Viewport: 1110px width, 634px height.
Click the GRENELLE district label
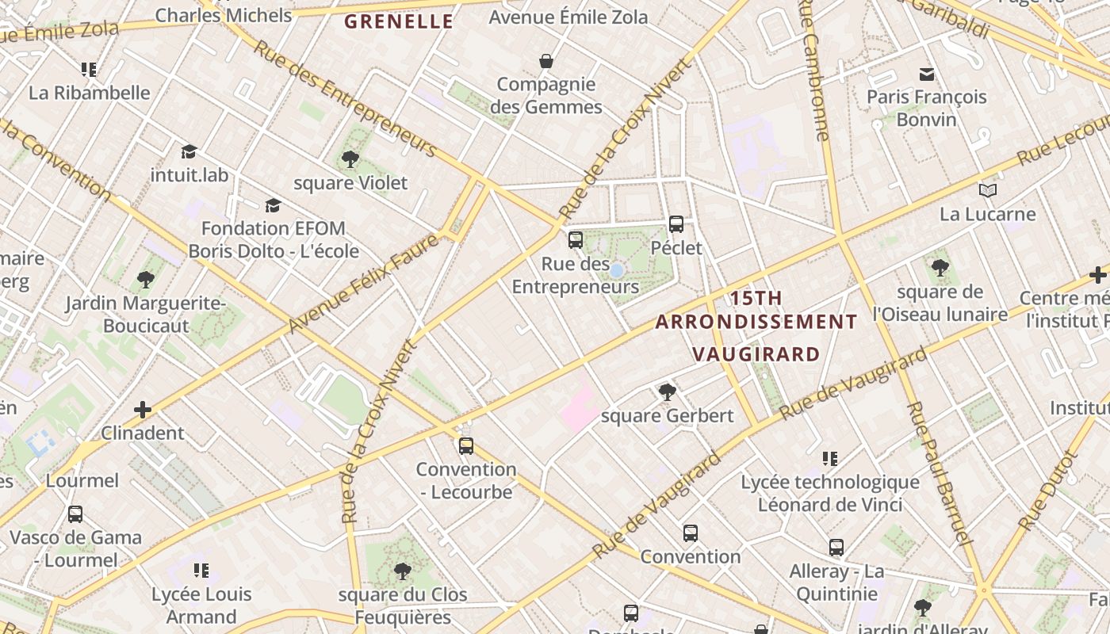click(399, 21)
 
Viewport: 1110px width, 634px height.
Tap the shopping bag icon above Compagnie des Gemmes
click(546, 61)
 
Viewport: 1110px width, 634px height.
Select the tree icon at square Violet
click(350, 159)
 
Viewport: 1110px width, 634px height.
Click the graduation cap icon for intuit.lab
click(189, 151)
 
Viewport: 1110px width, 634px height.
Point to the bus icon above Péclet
click(676, 224)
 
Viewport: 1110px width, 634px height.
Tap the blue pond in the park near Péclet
click(616, 270)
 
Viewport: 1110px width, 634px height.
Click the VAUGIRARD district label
click(756, 353)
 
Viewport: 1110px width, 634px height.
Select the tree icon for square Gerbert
click(668, 391)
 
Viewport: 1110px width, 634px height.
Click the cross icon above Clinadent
click(143, 410)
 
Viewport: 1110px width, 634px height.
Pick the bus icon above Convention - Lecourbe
click(466, 446)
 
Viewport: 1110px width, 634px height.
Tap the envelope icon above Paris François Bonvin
click(926, 74)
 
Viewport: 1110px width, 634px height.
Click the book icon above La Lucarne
click(987, 191)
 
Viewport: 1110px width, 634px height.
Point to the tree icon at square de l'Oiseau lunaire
click(940, 268)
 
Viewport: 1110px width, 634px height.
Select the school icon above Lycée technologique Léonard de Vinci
click(830, 458)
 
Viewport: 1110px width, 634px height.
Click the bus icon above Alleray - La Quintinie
click(836, 548)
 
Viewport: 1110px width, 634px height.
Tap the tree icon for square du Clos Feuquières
click(403, 571)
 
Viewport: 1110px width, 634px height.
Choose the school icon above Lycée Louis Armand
click(201, 571)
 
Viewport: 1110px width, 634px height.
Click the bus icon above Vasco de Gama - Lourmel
click(75, 514)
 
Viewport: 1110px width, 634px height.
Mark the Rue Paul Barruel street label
click(940, 473)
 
